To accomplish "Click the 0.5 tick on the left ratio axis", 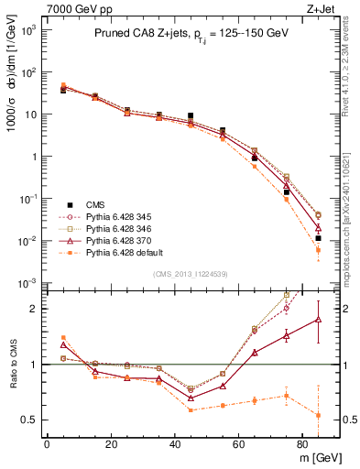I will [x=30, y=420].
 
